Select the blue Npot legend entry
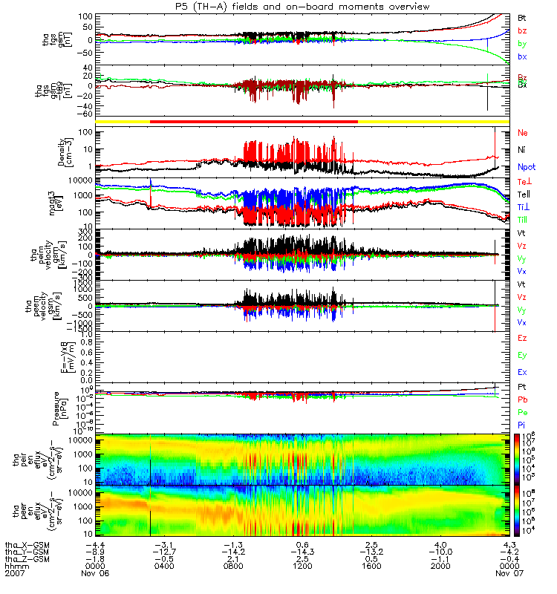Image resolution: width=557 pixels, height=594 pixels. click(x=527, y=168)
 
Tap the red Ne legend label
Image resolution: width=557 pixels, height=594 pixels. click(x=523, y=133)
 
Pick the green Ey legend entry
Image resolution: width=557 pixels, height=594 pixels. click(x=523, y=355)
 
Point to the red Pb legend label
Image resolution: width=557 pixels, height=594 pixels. click(x=523, y=400)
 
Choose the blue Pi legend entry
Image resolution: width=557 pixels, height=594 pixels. click(x=522, y=424)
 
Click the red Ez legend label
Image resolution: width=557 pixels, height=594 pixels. click(x=523, y=338)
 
